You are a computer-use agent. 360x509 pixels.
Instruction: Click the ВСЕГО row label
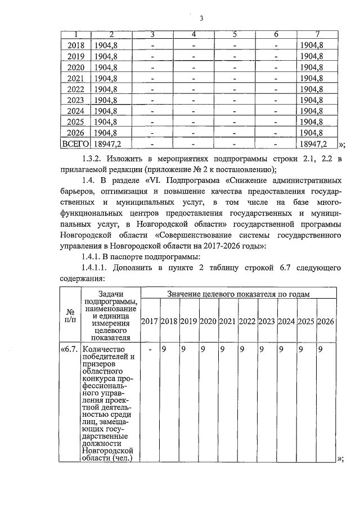tap(75, 144)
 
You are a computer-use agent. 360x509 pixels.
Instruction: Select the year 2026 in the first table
tap(76, 133)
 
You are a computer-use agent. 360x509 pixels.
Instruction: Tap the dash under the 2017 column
tap(150, 349)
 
